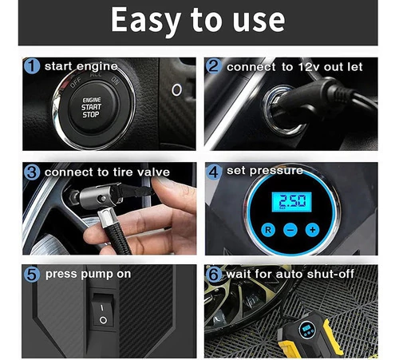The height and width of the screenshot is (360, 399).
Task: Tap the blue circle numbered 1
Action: point(32,65)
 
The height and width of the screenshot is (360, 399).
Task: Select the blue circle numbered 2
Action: point(214,65)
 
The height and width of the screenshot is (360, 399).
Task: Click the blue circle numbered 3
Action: point(32,172)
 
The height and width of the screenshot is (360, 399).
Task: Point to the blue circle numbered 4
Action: point(214,172)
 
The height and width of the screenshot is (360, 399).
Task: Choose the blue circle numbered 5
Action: point(32,275)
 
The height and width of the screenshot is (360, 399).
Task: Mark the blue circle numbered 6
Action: point(214,275)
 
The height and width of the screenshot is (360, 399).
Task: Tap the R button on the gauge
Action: point(268,230)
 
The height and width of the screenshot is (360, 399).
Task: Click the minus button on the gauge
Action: point(290,230)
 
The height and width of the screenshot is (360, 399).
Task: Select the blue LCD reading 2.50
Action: point(291,202)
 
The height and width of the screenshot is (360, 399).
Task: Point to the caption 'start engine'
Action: point(81,66)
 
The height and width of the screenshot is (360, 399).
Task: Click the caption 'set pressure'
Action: point(265,171)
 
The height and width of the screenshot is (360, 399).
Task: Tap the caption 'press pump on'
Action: point(88,274)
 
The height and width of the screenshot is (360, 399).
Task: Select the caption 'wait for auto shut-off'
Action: point(290,274)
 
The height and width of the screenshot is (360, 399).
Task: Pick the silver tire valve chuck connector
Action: point(97,197)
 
